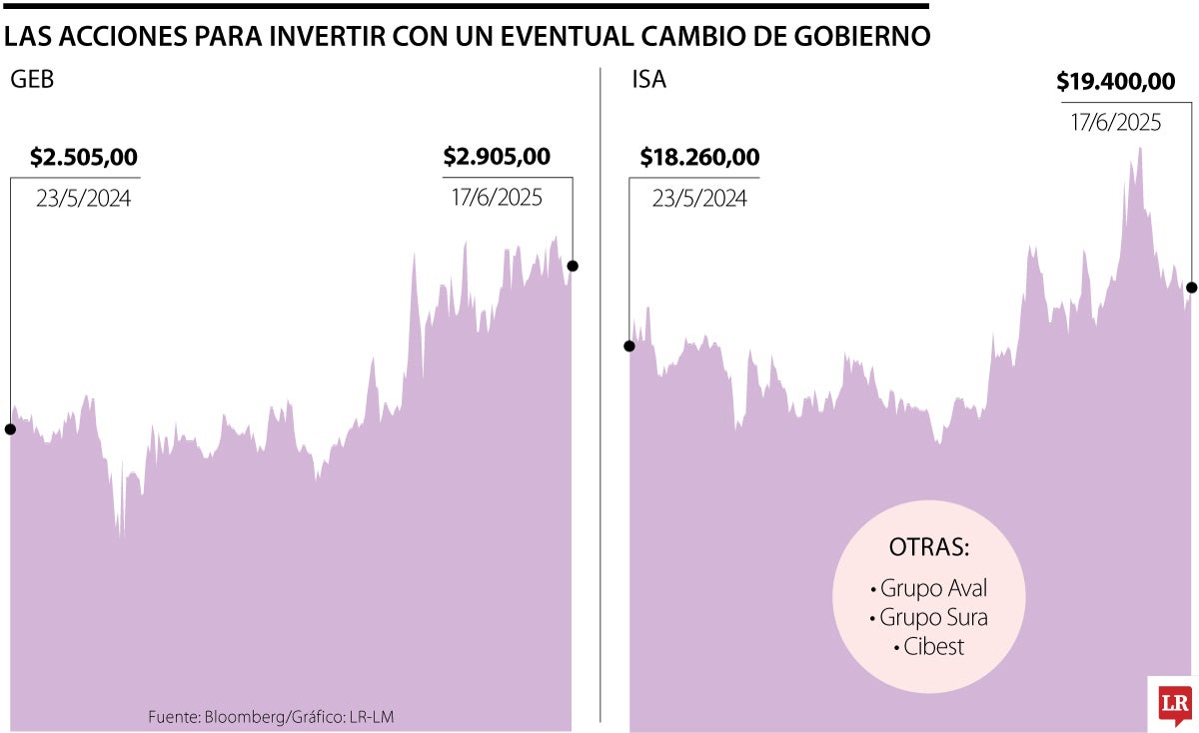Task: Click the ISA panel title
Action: (x=648, y=81)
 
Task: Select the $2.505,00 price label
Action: (x=84, y=157)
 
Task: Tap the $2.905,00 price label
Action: (x=497, y=157)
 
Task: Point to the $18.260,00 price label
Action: (x=699, y=157)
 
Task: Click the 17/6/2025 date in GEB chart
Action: (x=497, y=198)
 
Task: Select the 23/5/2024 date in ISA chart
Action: (x=699, y=198)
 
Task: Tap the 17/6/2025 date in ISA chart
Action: (x=1116, y=123)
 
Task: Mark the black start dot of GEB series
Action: (x=10, y=429)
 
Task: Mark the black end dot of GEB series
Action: (x=573, y=266)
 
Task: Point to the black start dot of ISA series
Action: (x=629, y=347)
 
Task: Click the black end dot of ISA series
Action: (x=1192, y=288)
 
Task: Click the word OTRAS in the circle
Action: (x=929, y=548)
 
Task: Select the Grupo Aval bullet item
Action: (x=929, y=587)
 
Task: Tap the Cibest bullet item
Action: (x=929, y=646)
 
